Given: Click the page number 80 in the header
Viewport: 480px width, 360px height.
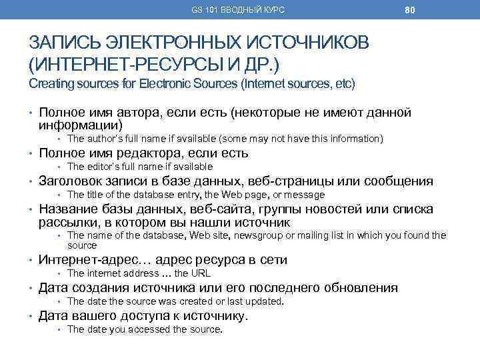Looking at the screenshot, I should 411,10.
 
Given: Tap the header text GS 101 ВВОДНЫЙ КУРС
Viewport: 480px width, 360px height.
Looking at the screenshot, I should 238,10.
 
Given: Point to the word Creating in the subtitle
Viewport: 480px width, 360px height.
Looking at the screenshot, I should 51,85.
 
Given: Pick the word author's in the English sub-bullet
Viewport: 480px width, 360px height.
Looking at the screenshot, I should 105,139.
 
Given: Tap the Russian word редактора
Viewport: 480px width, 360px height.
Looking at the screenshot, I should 145,153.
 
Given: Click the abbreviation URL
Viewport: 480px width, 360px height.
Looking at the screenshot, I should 201,273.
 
